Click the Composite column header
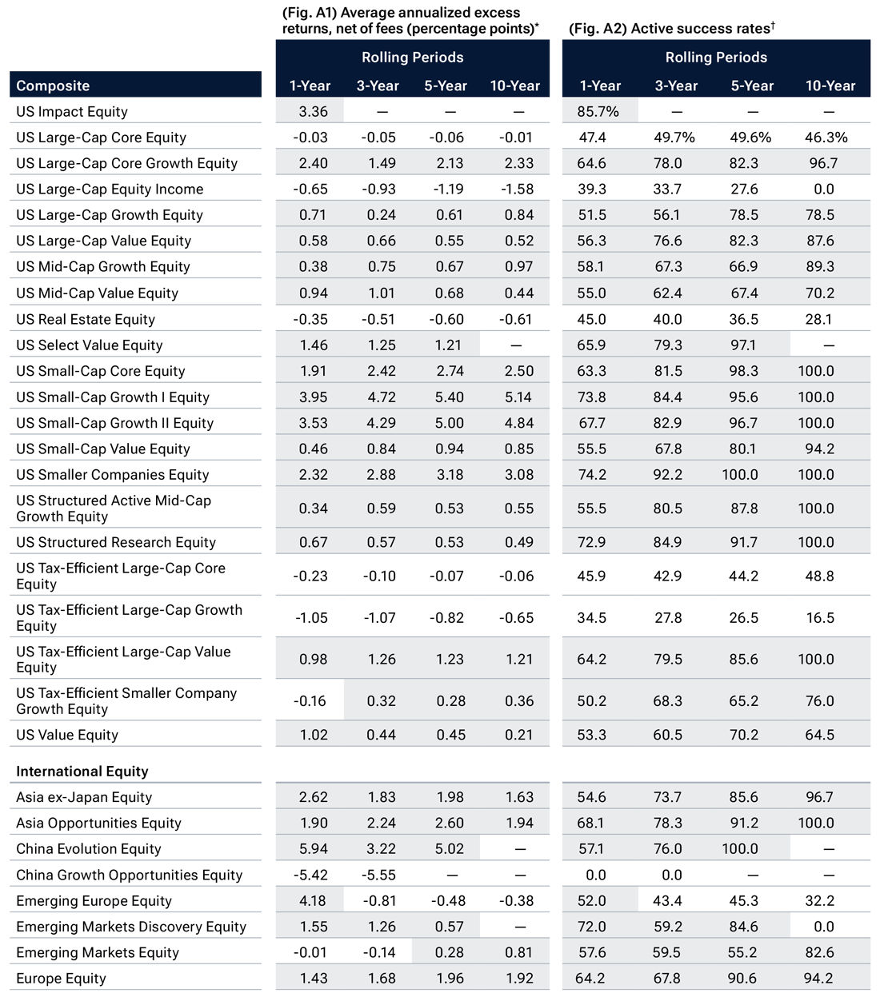(x=53, y=86)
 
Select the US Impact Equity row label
(x=72, y=111)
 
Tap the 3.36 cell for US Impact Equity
(x=313, y=111)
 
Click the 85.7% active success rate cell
(x=598, y=111)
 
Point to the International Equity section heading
(x=82, y=771)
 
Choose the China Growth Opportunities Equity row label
(x=129, y=875)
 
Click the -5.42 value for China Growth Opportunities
(x=311, y=875)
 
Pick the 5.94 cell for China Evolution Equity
(x=313, y=848)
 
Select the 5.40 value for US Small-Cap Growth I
(x=450, y=397)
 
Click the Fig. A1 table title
(x=410, y=20)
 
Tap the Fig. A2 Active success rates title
(x=671, y=28)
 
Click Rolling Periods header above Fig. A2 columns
(x=716, y=57)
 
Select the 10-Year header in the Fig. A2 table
(x=830, y=86)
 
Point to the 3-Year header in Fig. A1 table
(x=378, y=86)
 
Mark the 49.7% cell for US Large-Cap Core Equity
(x=674, y=138)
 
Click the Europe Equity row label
(x=61, y=978)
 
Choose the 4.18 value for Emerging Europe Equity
(x=313, y=900)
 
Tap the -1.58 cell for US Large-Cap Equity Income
(x=518, y=189)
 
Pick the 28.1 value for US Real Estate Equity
(x=819, y=319)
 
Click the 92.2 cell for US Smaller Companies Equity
(x=667, y=474)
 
